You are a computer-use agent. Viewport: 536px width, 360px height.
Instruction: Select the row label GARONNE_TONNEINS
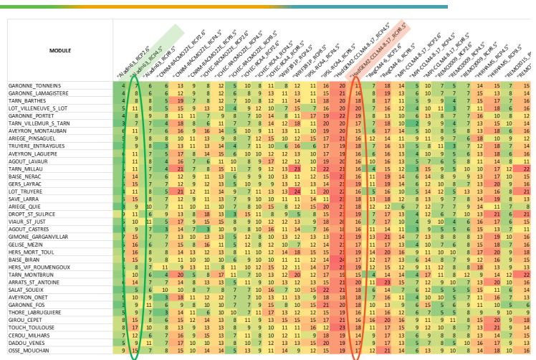click(34, 86)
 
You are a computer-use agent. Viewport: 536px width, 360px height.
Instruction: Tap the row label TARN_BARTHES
click(29, 101)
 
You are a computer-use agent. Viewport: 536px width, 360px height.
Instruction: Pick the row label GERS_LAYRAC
click(27, 184)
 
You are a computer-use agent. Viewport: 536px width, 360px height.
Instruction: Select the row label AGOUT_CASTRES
click(30, 229)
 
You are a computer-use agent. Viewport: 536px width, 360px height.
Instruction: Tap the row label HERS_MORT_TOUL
click(32, 252)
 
